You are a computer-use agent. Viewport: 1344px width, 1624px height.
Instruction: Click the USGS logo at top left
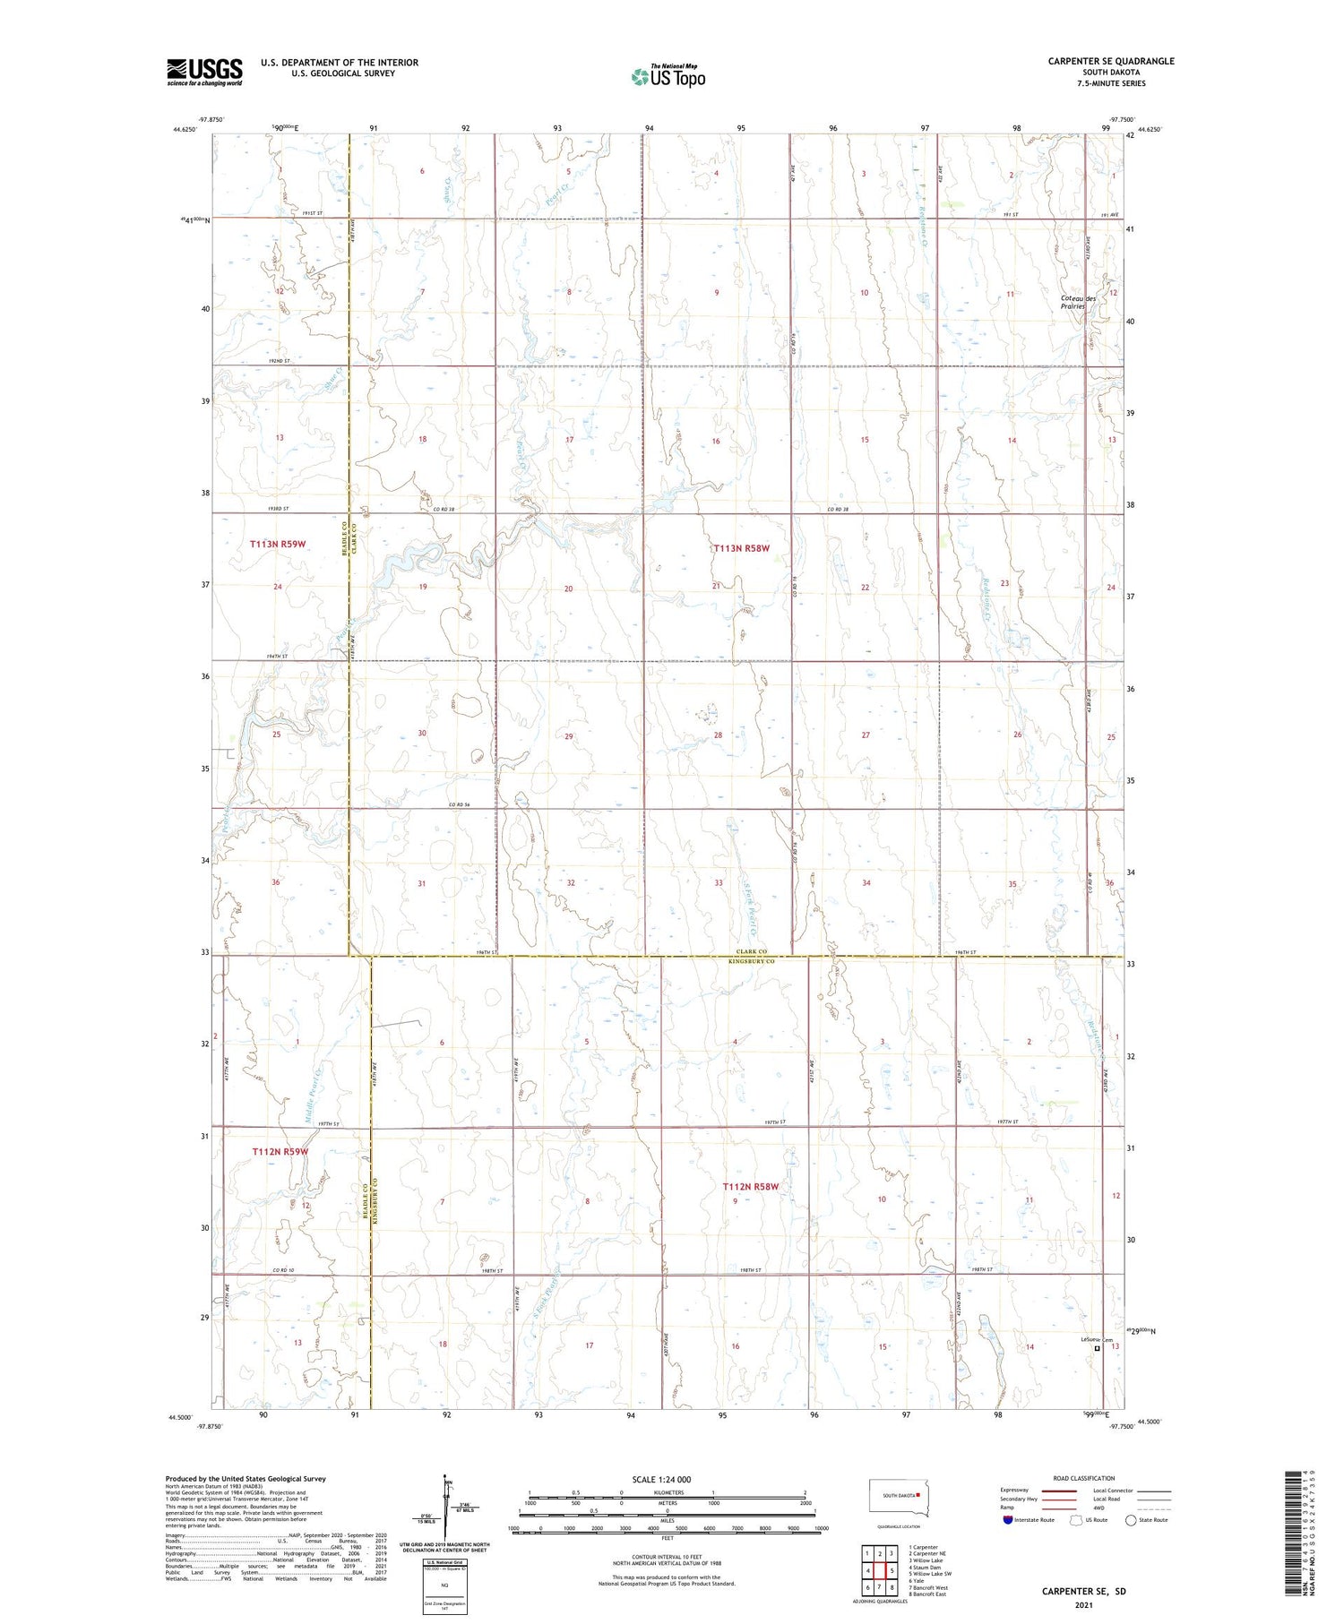(x=204, y=72)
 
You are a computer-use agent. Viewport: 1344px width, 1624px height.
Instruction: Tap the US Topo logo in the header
(x=668, y=77)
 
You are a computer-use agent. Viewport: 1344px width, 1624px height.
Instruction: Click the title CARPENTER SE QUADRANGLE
(x=1110, y=61)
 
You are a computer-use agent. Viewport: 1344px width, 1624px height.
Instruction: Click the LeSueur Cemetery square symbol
(x=1097, y=1347)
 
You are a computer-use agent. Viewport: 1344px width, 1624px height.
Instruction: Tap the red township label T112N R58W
(x=751, y=1187)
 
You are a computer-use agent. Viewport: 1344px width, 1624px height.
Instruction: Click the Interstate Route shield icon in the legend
(x=1007, y=1520)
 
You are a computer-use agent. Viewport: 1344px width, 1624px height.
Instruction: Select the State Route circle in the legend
(x=1131, y=1520)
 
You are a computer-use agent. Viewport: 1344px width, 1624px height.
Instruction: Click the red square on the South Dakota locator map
(x=918, y=1494)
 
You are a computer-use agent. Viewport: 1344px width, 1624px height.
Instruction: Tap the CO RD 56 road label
(x=461, y=804)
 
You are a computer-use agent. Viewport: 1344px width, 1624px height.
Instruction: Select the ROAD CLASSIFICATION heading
(x=1084, y=1478)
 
